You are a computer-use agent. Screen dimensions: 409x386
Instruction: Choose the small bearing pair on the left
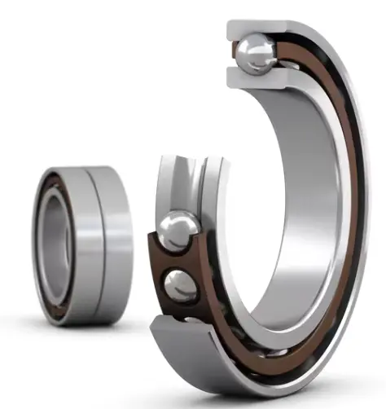pos(81,244)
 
